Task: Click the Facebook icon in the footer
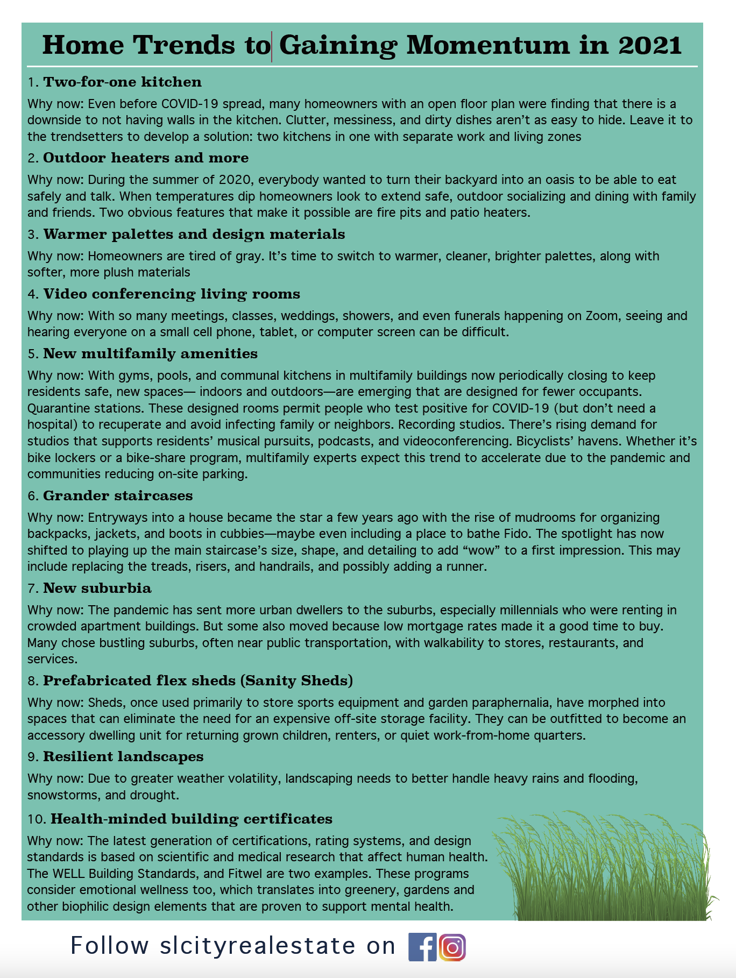click(423, 947)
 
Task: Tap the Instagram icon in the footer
click(452, 947)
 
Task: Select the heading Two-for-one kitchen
click(122, 82)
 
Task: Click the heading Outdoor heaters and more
click(146, 158)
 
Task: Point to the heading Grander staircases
click(118, 495)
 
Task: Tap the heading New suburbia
click(97, 588)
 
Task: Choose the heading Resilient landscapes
click(123, 756)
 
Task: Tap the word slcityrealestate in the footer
click(258, 946)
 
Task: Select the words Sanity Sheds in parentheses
click(296, 681)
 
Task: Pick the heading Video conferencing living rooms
click(172, 294)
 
